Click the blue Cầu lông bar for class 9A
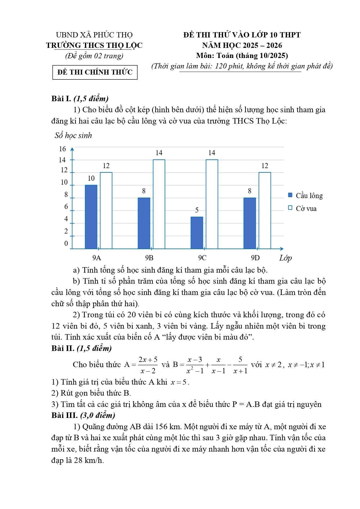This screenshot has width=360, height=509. [91, 217]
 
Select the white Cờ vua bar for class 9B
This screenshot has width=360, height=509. [159, 204]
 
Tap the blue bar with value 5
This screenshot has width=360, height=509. [197, 233]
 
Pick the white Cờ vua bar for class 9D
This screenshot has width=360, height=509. [265, 210]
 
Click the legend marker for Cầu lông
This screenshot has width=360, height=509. [290, 195]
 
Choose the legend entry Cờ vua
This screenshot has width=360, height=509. [306, 209]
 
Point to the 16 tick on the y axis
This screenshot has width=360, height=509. [63, 149]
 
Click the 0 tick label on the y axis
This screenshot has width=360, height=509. [66, 243]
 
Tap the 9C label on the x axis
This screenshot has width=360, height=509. [202, 258]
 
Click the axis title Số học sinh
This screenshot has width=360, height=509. [73, 135]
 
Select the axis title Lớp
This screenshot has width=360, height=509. [285, 258]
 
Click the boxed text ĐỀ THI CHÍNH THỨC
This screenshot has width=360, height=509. [95, 72]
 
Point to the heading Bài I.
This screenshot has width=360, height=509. [61, 99]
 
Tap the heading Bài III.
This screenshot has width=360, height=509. [64, 415]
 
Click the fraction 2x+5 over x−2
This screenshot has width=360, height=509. [148, 365]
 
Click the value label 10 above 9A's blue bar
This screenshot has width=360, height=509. [91, 178]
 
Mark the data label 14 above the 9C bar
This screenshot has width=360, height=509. [212, 153]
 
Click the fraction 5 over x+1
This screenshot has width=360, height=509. [240, 365]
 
